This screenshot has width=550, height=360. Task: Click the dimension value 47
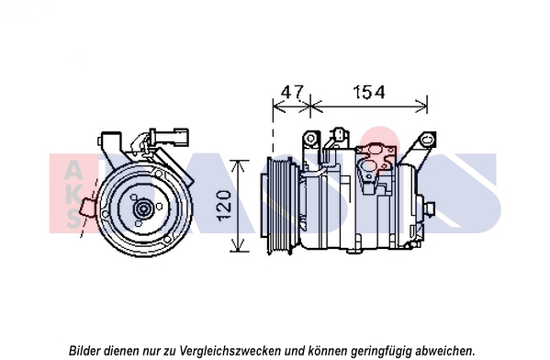coord(291,92)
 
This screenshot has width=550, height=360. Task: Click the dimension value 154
coord(368,92)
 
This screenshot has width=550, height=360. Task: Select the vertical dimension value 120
coord(224,206)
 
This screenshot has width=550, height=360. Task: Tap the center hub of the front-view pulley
coord(142,209)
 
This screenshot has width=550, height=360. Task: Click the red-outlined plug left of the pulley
coord(87,208)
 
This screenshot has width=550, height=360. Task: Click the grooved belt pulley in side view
coord(279,206)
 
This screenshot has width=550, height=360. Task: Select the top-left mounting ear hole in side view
coord(310,139)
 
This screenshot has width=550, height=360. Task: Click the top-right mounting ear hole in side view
coord(428,140)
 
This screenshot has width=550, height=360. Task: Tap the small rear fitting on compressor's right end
coord(430,209)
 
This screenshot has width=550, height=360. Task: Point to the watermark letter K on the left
coord(73,194)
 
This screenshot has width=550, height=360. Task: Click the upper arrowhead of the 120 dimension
coord(240,166)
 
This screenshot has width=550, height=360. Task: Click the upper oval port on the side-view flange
coord(376,151)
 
